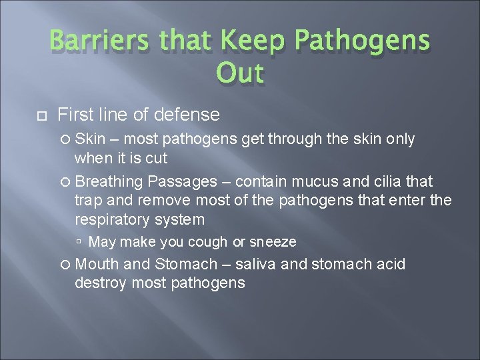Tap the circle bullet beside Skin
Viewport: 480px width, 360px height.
(x=67, y=139)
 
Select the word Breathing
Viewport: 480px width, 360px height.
(x=110, y=181)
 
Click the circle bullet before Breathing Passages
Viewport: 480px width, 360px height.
(x=67, y=181)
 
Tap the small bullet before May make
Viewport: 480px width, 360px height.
(x=79, y=242)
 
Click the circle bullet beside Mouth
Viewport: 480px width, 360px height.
(x=67, y=265)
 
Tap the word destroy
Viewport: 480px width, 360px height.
(x=100, y=283)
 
